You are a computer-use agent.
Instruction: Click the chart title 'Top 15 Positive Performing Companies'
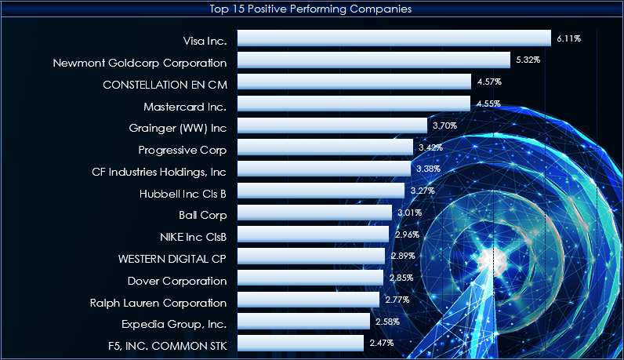(311, 9)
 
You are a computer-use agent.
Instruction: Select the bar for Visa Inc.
(394, 38)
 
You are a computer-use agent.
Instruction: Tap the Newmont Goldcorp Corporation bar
(373, 60)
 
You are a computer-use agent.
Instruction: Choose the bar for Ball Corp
(314, 213)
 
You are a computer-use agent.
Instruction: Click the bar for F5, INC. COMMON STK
(300, 343)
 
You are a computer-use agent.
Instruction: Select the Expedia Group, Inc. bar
(303, 322)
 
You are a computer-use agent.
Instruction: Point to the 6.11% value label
(568, 38)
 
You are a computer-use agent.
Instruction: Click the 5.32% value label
(528, 60)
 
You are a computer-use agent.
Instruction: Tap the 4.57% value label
(489, 82)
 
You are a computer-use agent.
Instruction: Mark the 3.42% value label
(430, 147)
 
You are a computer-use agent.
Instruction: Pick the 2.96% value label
(407, 235)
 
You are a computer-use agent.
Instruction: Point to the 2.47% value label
(382, 343)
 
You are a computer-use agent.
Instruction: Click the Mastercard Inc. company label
(185, 106)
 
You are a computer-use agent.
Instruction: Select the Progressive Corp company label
(182, 150)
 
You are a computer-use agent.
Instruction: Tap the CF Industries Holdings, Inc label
(159, 171)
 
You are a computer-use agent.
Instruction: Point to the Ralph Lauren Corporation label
(158, 303)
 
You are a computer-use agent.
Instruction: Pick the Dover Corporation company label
(176, 281)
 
